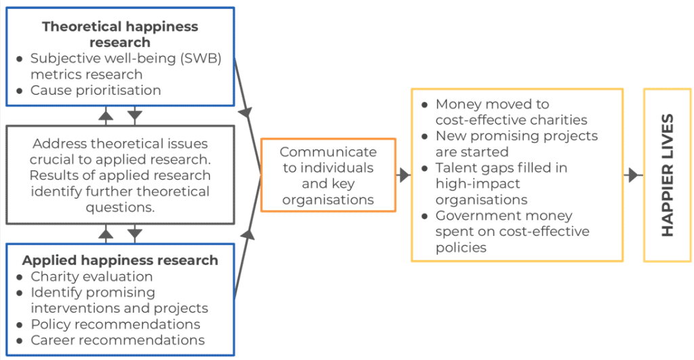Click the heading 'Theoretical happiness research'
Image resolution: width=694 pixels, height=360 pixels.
pyautogui.click(x=120, y=35)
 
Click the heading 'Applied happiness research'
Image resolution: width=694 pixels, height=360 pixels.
pyautogui.click(x=120, y=260)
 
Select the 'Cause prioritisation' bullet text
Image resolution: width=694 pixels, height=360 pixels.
pyautogui.click(x=96, y=90)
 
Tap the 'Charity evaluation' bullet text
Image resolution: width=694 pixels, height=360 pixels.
pyautogui.click(x=91, y=277)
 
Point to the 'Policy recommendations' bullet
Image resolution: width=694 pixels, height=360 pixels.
pyautogui.click(x=115, y=324)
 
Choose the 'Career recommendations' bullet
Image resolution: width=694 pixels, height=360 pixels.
pyautogui.click(x=117, y=340)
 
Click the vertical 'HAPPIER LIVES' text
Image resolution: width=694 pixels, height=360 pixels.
pyautogui.click(x=668, y=175)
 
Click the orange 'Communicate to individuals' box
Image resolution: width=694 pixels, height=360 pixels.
pyautogui.click(x=328, y=175)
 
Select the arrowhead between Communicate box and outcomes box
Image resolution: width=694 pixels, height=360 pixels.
pyautogui.click(x=404, y=176)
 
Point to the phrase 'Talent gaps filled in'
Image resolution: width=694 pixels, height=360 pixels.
pyautogui.click(x=502, y=167)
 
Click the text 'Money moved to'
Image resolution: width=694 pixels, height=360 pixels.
pyautogui.click(x=492, y=104)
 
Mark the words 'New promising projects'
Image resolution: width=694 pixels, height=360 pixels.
pyautogui.click(x=516, y=136)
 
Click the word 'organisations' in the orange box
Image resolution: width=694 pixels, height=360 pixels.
pyautogui.click(x=328, y=199)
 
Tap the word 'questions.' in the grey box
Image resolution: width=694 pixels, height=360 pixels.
pyautogui.click(x=121, y=207)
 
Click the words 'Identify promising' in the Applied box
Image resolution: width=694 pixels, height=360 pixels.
pyautogui.click(x=93, y=292)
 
